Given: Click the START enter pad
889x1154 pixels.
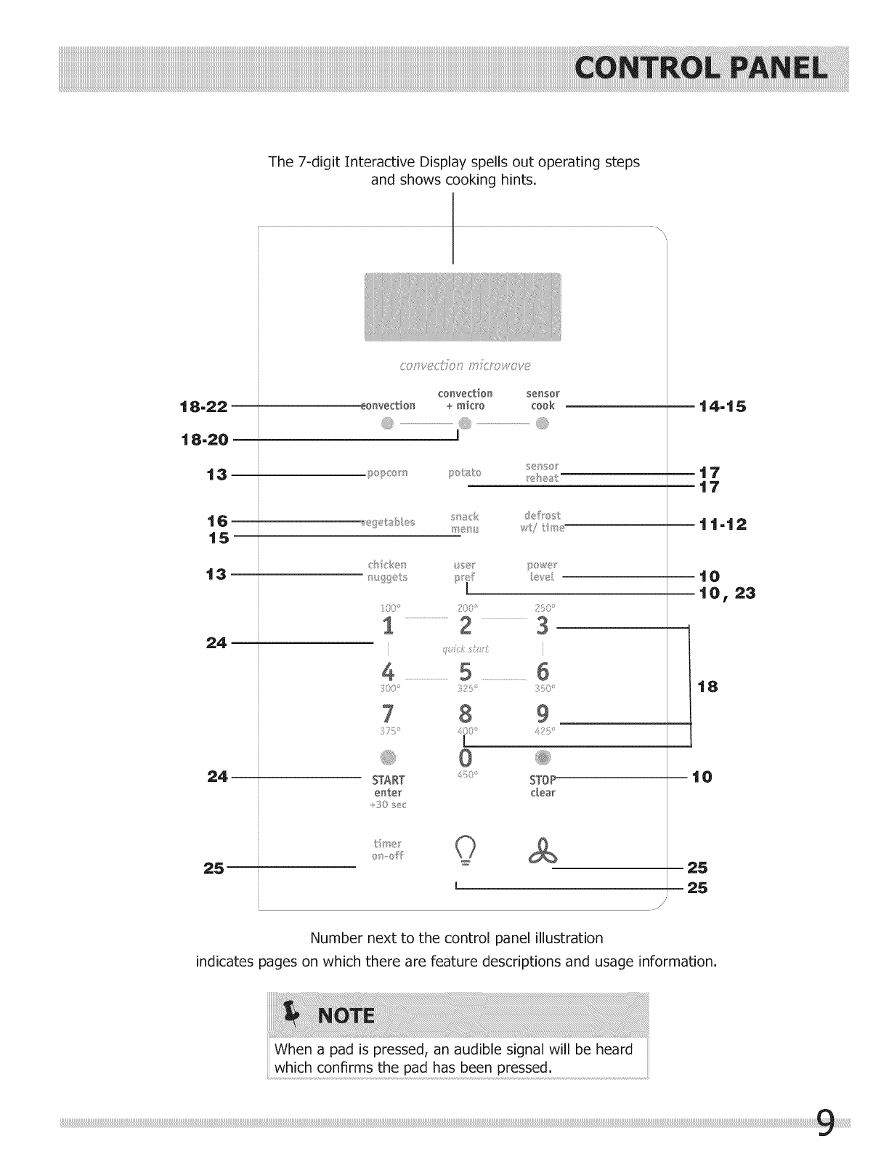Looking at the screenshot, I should pos(388,786).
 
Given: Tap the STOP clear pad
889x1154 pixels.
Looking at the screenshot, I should pos(543,786).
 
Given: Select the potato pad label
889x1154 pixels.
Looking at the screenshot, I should pos(465,473).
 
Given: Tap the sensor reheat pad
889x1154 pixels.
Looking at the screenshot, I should pos(542,472).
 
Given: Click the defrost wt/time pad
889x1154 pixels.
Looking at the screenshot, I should pos(542,522).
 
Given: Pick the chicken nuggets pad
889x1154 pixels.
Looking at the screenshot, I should pos(388,570).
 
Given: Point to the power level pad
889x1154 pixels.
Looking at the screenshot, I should pos(542,570).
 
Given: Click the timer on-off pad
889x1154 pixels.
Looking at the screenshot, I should pos(387,850).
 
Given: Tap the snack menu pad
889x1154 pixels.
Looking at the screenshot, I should pos(465,522).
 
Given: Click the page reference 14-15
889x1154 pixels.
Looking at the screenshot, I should pos(722,406).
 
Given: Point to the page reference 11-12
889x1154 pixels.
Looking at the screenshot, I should pos(722,524).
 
